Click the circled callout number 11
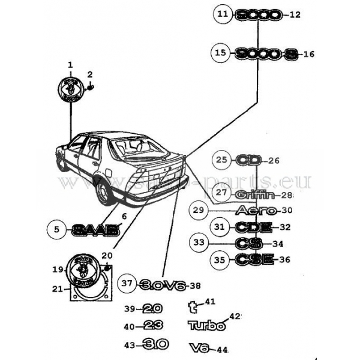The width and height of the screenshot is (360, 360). (223, 15)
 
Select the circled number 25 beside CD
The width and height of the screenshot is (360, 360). (222, 160)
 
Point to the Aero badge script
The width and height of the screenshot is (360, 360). (256, 211)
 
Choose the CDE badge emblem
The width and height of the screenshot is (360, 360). (253, 227)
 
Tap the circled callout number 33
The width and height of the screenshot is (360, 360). (199, 242)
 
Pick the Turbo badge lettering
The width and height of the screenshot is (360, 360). (207, 326)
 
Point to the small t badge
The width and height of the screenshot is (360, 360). (193, 307)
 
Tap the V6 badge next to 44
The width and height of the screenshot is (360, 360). (199, 348)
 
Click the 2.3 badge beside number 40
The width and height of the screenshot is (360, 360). (154, 326)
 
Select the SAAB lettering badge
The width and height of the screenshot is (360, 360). (95, 229)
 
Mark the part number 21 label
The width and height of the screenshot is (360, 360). (57, 289)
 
